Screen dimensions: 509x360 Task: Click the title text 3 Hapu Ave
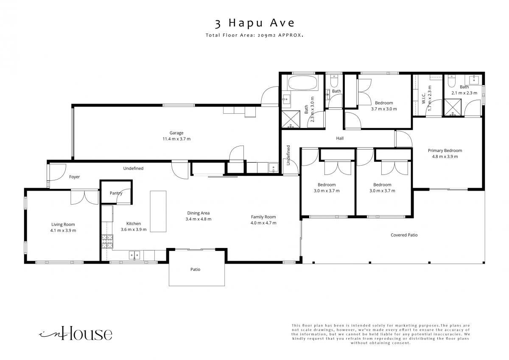click(255, 23)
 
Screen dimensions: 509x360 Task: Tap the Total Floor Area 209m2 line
click(255, 35)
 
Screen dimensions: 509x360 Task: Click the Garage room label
click(176, 133)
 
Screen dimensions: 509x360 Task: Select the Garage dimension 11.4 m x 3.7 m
click(176, 139)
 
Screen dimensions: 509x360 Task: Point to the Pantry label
click(116, 193)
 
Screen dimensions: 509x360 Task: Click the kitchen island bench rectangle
click(158, 211)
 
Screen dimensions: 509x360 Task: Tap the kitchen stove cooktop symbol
click(107, 241)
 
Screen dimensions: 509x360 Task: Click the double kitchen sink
click(134, 255)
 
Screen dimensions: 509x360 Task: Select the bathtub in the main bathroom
click(302, 83)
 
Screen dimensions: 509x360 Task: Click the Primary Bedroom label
click(445, 151)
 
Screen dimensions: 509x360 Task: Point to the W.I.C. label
click(424, 98)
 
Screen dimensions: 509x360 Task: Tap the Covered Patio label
click(404, 235)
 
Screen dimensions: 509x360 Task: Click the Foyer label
click(74, 177)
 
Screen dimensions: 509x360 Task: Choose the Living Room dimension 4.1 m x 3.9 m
click(63, 231)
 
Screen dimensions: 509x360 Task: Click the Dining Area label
click(199, 213)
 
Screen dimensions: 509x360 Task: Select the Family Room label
click(263, 217)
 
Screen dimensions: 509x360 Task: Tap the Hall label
click(340, 138)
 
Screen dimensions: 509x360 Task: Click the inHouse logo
click(76, 333)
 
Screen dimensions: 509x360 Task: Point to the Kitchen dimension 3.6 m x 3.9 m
click(134, 230)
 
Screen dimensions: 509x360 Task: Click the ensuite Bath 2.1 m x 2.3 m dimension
click(464, 93)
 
